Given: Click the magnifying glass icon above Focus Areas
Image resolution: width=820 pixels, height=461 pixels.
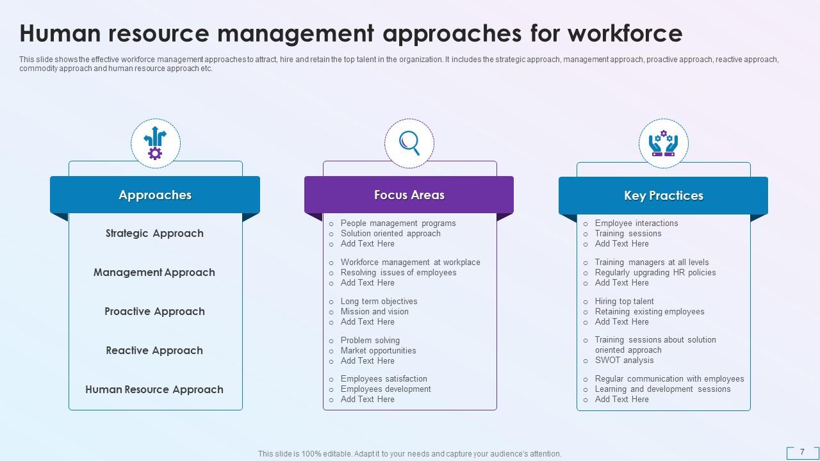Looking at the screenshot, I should point(409,143).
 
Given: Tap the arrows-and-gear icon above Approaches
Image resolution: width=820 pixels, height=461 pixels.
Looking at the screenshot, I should point(155,143).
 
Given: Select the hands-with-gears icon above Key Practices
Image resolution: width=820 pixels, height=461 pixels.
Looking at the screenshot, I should point(663,143).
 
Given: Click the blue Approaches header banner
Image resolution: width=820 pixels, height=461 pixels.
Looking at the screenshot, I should point(155,195).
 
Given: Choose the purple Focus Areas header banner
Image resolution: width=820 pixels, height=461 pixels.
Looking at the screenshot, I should point(409,195).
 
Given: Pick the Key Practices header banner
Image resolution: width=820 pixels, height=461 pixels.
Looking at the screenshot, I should point(663,196).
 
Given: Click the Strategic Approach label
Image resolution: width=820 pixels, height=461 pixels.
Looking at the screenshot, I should point(154,234).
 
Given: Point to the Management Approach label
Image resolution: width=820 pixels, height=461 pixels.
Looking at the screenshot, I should point(154,273).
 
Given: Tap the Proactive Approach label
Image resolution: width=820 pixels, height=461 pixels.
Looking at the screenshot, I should point(154,312).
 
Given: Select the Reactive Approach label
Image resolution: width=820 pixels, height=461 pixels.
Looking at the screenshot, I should point(154,351).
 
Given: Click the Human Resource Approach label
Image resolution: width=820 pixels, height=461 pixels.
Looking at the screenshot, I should point(154,390).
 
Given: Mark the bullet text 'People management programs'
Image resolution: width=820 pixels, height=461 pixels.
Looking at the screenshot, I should point(398,223).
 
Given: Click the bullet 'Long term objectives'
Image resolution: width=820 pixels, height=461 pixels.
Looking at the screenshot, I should point(379,302).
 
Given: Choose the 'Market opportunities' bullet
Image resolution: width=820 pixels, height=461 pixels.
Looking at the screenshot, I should point(378,351).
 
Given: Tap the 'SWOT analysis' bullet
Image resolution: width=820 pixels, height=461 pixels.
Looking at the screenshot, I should point(624,360).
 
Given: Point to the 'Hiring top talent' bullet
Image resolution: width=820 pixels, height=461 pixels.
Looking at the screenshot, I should point(624,302).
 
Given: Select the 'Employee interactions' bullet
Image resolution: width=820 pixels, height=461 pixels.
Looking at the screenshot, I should point(636,223).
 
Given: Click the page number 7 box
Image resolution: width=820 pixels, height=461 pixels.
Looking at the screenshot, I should point(802,452).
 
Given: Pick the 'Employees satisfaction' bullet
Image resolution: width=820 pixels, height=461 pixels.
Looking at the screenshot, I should point(384,379).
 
